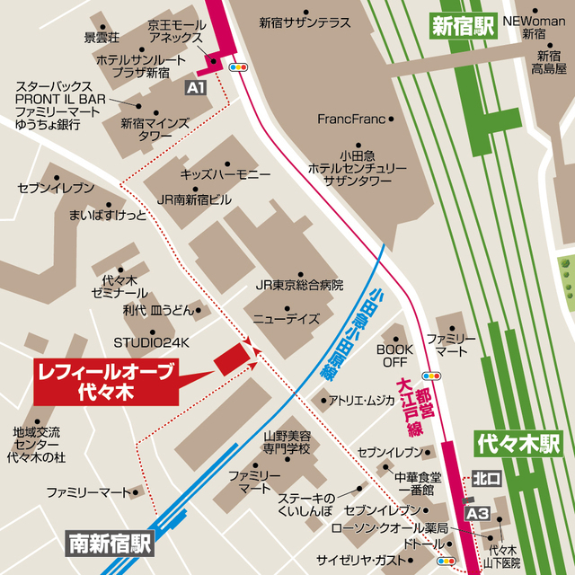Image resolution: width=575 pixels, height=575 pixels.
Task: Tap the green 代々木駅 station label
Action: tap(518, 444)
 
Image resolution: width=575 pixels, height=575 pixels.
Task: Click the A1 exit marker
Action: tap(196, 87)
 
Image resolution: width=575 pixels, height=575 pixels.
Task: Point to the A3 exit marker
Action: tap(478, 512)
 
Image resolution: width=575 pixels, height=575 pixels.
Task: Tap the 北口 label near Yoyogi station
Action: tap(485, 478)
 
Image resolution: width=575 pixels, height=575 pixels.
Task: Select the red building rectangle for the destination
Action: tap(231, 359)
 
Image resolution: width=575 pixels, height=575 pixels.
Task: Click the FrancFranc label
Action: tap(350, 119)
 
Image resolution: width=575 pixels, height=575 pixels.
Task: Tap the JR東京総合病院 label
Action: tap(299, 285)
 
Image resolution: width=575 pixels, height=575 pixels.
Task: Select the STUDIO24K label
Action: tap(152, 342)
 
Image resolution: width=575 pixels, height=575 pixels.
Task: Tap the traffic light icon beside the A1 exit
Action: tap(239, 66)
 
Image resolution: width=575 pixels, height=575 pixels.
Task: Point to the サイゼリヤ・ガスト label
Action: tap(360, 560)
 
